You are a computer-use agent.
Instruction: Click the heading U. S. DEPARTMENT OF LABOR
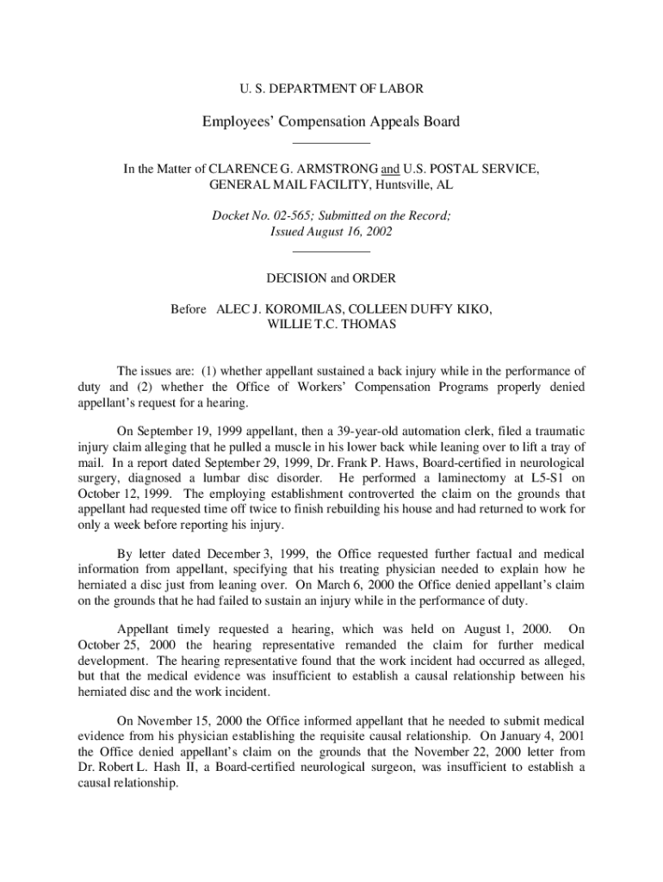(331, 88)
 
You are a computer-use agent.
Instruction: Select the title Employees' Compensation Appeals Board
(331, 121)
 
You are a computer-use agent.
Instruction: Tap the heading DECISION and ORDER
(331, 278)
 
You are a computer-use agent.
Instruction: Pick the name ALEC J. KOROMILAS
(275, 309)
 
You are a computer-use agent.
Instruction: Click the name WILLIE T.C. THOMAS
(331, 325)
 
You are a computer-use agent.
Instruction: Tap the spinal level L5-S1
(544, 479)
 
